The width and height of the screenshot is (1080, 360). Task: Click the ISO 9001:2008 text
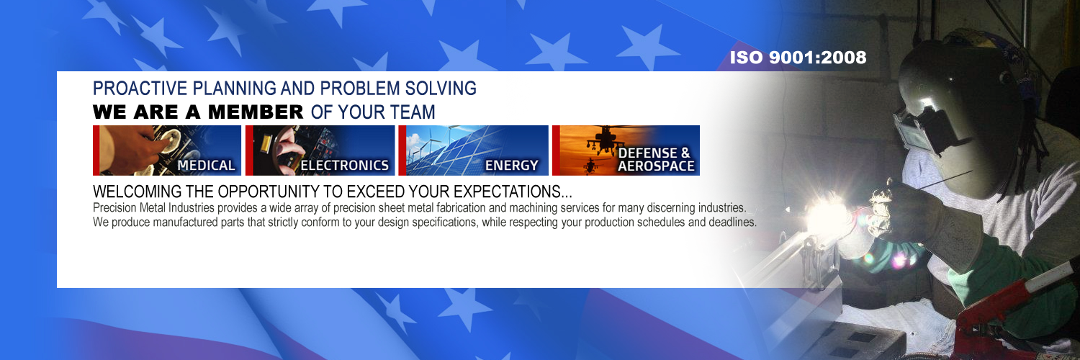[798, 58]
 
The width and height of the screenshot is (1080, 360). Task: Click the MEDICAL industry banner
[167, 150]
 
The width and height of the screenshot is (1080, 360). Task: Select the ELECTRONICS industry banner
[320, 150]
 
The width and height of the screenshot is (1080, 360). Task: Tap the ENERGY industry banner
[474, 150]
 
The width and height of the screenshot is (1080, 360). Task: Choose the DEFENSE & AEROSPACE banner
[626, 150]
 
